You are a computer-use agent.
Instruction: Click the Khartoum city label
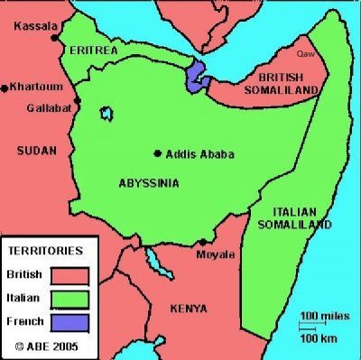[35, 87]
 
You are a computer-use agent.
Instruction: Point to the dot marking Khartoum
[5, 87]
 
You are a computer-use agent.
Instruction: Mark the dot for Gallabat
[78, 99]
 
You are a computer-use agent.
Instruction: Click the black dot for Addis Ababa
[158, 152]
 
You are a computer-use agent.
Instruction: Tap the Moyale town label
[217, 256]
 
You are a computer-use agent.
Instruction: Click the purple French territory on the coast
[197, 77]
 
